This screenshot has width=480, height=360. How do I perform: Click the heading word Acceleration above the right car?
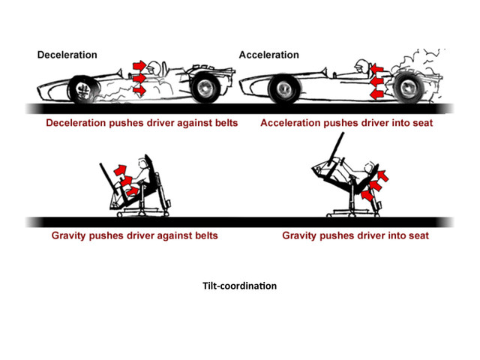[x=268, y=55]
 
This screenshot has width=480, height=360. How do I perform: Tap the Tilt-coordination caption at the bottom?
[x=239, y=286]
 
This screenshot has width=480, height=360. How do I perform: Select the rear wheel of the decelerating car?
[x=203, y=88]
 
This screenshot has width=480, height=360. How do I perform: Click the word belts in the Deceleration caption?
[x=222, y=122]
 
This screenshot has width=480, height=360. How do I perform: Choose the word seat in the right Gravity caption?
[x=415, y=235]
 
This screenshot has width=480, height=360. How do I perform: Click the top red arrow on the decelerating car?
[x=139, y=65]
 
